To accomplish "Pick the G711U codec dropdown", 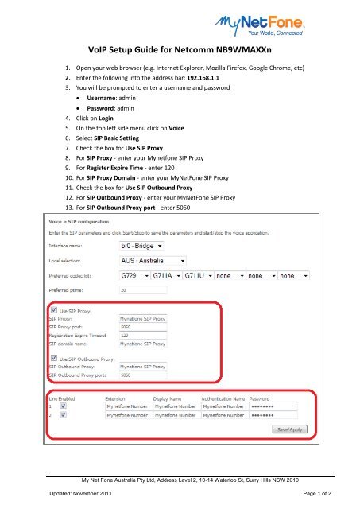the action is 199,276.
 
